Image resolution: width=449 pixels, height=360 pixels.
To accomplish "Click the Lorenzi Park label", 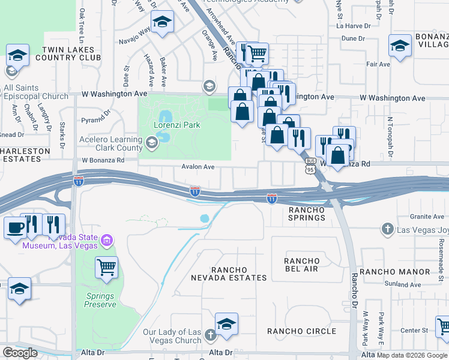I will (176, 126).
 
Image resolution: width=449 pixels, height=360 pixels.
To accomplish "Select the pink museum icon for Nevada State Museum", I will (107, 241).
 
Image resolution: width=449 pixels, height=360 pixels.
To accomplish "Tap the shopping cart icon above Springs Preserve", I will (106, 266).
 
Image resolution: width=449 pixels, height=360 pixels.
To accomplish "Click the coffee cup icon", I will (14, 227).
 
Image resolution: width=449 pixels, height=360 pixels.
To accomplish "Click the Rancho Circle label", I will (301, 331).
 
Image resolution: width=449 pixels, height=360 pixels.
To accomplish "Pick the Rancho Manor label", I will (394, 272).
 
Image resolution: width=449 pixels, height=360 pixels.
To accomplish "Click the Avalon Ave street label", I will (199, 167).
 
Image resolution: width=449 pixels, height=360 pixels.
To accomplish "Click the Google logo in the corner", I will (20, 353).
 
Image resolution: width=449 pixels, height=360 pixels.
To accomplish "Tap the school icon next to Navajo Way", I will (162, 23).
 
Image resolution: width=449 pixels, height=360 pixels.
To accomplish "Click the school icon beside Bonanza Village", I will (400, 44).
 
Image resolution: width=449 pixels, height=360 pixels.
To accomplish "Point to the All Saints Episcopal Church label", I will (36, 92).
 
